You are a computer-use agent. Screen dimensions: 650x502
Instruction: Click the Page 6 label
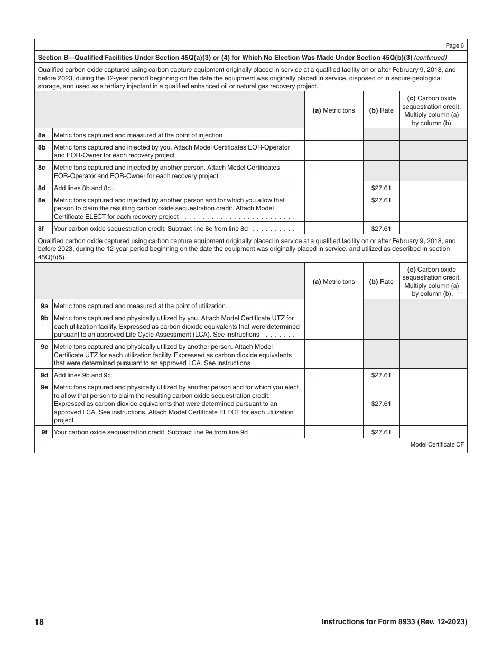(455, 45)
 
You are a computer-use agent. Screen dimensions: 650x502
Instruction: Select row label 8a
(42, 135)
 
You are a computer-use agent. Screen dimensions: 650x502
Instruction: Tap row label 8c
(42, 168)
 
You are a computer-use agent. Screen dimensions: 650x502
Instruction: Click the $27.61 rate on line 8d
(381, 188)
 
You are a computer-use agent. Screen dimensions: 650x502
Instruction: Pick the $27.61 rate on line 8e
(381, 200)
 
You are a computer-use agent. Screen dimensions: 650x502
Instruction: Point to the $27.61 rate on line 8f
(381, 229)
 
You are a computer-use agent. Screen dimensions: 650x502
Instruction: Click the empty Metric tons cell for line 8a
(334, 135)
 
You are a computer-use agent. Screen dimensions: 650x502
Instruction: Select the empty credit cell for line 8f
(433, 228)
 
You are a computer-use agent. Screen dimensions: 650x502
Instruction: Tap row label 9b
(44, 318)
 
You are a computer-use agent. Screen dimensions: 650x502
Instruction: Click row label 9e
(44, 387)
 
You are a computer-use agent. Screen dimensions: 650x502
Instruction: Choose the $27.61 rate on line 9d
(381, 375)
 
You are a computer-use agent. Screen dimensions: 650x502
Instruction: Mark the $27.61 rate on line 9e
(381, 404)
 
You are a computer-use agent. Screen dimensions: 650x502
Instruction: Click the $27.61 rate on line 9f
(381, 432)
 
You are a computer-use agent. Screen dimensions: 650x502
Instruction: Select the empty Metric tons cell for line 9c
(334, 354)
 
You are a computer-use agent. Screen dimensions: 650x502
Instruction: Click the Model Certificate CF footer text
(436, 445)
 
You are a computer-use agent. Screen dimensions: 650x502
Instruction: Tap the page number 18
(39, 622)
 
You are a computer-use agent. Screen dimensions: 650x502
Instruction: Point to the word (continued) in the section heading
(430, 58)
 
